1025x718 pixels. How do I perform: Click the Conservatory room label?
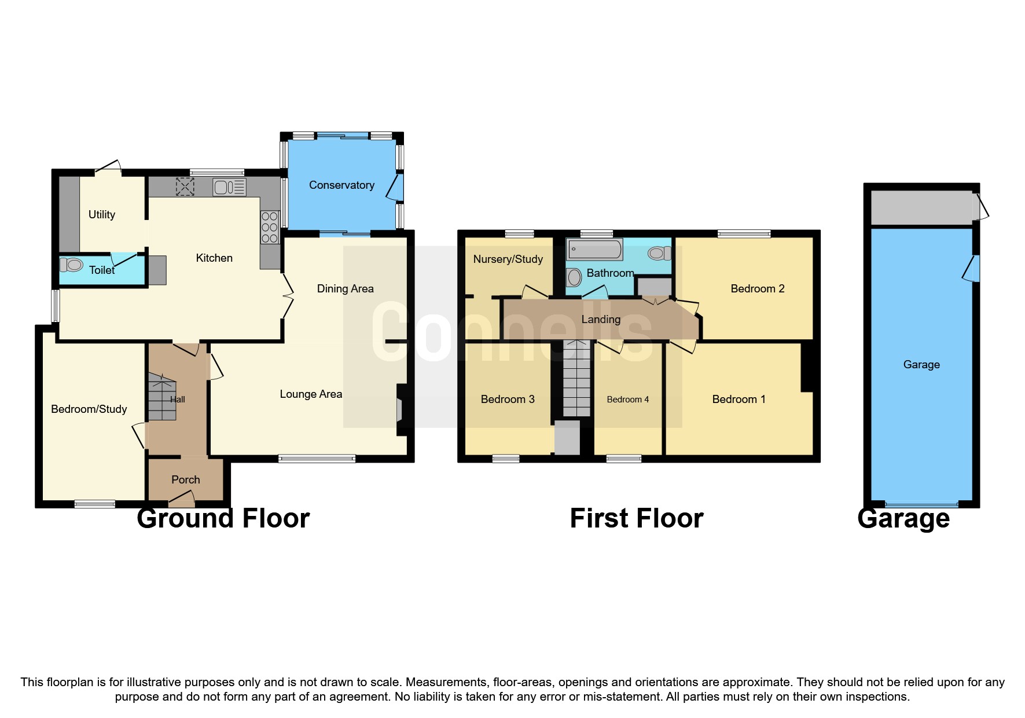(x=341, y=185)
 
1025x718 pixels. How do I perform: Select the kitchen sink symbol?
(x=229, y=187)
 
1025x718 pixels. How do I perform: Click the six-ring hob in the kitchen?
(x=270, y=227)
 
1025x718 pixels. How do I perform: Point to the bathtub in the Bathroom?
(x=594, y=250)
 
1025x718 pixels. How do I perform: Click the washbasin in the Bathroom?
(x=574, y=277)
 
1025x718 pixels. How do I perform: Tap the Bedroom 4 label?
(x=627, y=400)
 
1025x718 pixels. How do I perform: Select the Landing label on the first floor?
(x=601, y=320)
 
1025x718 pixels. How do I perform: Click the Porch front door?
(x=182, y=498)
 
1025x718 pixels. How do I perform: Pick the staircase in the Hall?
(x=161, y=397)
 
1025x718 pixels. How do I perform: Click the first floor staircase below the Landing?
(x=576, y=379)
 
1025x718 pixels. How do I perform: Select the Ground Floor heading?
(x=223, y=518)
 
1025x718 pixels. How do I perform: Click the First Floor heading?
(x=636, y=518)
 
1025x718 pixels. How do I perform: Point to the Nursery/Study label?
(x=508, y=259)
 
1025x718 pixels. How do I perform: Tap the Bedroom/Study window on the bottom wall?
(x=95, y=504)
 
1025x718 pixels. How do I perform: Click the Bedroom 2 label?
(x=757, y=289)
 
